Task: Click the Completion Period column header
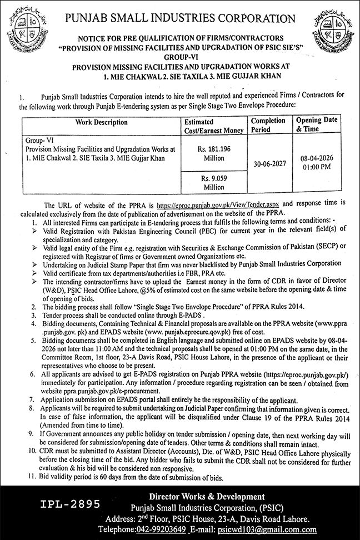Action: tap(268, 124)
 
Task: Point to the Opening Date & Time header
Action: tap(314, 124)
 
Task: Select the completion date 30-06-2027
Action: tap(268, 165)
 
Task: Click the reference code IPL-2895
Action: tap(71, 504)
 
